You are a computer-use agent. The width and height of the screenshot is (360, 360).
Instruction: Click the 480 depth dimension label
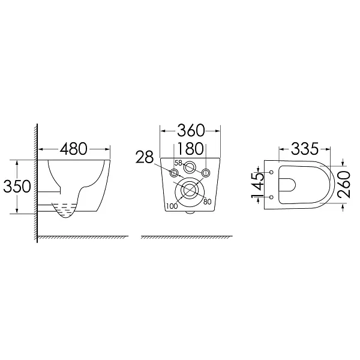pyautogui.click(x=73, y=149)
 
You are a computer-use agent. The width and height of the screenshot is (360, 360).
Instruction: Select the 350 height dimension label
pyautogui.click(x=17, y=186)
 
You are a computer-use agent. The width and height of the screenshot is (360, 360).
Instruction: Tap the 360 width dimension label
pyautogui.click(x=191, y=130)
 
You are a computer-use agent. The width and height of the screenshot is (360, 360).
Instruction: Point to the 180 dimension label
pyautogui.click(x=191, y=149)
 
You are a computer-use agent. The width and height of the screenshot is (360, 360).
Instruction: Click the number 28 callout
pyautogui.click(x=145, y=157)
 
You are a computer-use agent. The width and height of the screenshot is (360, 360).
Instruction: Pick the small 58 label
pyautogui.click(x=178, y=163)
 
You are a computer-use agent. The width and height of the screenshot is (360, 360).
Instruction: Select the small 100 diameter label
pyautogui.click(x=172, y=206)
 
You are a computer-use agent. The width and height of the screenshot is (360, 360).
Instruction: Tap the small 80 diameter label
pyautogui.click(x=207, y=202)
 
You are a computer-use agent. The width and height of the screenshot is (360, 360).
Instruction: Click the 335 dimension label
pyautogui.click(x=305, y=149)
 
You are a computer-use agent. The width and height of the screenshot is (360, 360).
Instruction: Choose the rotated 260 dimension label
pyautogui.click(x=344, y=184)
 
